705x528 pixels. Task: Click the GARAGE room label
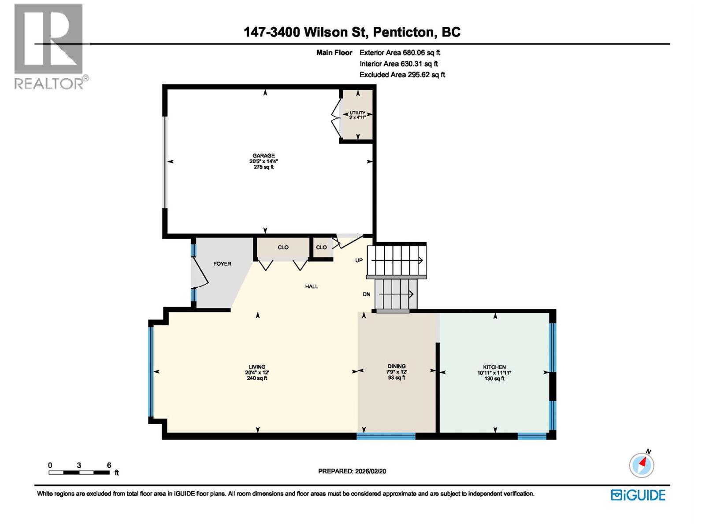(263, 161)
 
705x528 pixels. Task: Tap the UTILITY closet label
(357, 115)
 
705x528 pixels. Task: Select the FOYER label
(222, 264)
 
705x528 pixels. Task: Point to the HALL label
(312, 286)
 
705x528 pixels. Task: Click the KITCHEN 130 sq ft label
(494, 372)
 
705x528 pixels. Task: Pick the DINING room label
(397, 372)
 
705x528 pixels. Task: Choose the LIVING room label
(257, 372)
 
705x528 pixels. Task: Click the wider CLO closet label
(283, 247)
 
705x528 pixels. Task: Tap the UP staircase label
(359, 260)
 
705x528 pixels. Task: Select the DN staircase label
(366, 294)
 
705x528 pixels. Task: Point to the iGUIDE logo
(638, 495)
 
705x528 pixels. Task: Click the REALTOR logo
(49, 46)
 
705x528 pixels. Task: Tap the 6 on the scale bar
(109, 465)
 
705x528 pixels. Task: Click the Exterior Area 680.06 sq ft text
(400, 52)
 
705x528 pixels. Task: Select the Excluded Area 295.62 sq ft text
(402, 74)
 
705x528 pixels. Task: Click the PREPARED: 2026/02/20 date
(352, 471)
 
